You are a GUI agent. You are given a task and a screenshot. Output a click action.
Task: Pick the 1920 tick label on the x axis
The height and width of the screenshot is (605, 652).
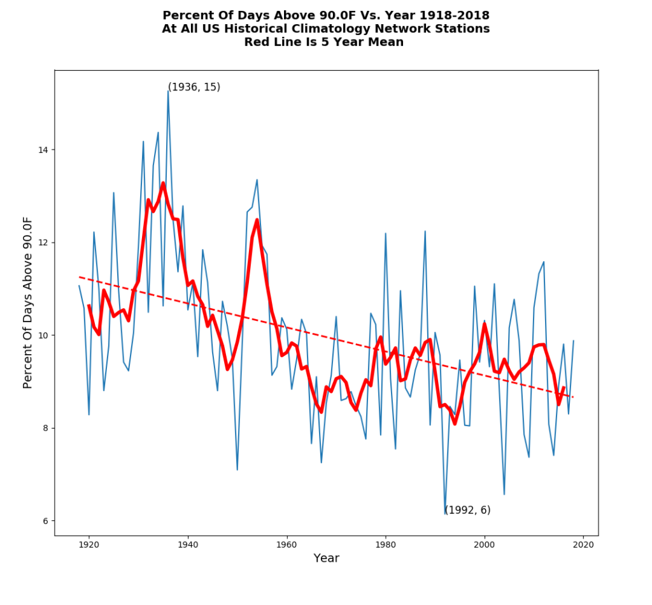[x=89, y=544]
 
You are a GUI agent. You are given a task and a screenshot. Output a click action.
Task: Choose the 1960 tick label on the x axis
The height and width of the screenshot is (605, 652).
[x=287, y=544]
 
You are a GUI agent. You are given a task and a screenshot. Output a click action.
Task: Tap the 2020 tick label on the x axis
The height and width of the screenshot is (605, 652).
[x=583, y=544]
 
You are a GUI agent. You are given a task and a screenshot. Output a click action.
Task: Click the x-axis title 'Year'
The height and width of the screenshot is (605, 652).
[x=326, y=559]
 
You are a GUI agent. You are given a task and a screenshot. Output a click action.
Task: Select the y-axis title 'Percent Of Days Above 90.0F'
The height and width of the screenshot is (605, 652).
[x=28, y=302]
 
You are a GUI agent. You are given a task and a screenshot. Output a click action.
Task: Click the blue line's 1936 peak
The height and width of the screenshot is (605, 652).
[x=168, y=91]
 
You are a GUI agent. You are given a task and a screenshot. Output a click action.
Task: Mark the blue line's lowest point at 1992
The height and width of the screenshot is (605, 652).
[x=445, y=514]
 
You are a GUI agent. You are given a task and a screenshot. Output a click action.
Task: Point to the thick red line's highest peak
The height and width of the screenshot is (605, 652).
[x=163, y=183]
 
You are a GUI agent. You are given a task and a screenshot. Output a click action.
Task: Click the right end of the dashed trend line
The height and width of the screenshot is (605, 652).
[x=573, y=397]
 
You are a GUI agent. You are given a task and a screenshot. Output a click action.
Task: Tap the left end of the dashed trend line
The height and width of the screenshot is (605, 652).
[x=79, y=277]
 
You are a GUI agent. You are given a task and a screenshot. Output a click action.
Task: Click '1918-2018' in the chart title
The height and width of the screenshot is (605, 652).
[x=458, y=15]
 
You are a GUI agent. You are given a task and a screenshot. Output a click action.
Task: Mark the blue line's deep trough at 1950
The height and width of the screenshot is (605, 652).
[x=237, y=470]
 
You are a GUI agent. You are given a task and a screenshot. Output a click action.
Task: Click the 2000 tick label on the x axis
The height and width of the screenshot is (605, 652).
[x=485, y=544]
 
